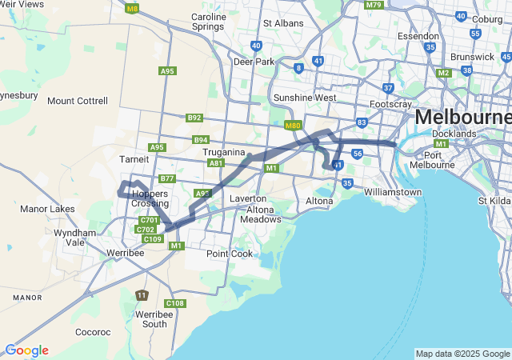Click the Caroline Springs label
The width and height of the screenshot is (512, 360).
point(209,22)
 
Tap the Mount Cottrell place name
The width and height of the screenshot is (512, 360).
point(77,101)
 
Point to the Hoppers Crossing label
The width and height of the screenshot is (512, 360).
point(150,198)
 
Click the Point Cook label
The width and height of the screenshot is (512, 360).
point(230,254)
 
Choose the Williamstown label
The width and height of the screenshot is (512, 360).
point(392,192)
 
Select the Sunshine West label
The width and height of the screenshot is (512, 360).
point(304,98)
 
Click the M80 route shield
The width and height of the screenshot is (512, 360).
point(292,126)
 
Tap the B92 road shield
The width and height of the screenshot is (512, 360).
point(194,118)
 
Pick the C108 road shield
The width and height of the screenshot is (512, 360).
point(175,303)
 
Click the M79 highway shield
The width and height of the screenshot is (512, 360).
point(374,5)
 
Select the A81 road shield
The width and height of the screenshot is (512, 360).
point(215,162)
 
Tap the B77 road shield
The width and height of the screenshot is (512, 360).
point(167,178)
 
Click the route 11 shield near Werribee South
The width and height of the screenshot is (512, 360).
point(142,296)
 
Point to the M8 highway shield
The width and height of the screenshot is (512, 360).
point(133,9)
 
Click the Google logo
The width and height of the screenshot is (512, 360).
point(26,350)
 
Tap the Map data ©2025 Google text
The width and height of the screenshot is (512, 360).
point(462,354)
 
